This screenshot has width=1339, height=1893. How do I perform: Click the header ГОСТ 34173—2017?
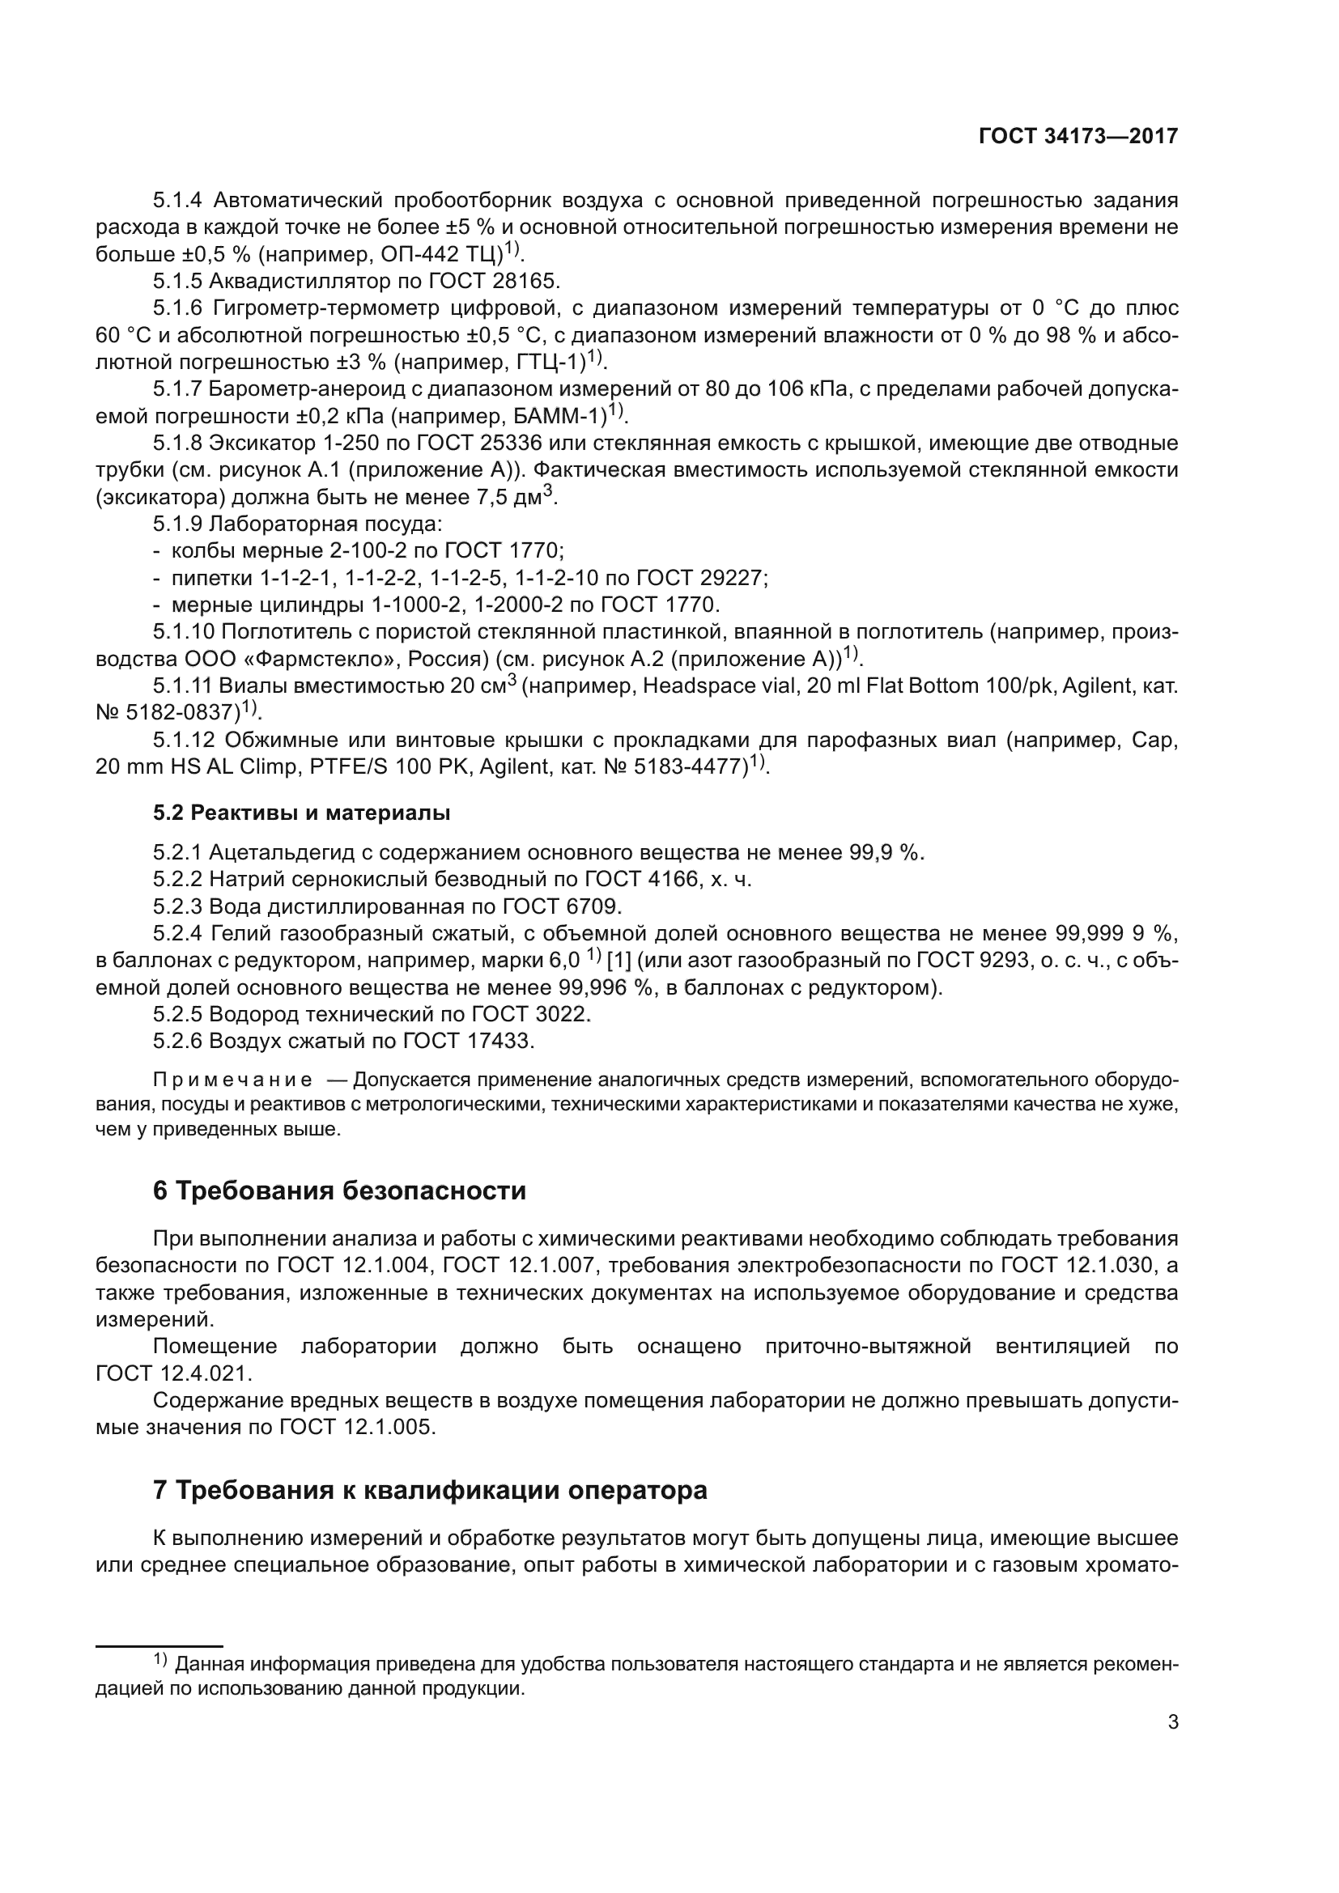click(1078, 137)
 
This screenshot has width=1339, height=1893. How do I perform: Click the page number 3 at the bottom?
click(1172, 1722)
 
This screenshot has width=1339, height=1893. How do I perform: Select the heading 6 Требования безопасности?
click(339, 1191)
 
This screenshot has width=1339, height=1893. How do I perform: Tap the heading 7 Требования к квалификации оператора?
click(430, 1490)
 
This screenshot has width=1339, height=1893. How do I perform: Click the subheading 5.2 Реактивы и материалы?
click(302, 813)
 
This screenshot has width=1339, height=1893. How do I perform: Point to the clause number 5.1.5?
click(177, 281)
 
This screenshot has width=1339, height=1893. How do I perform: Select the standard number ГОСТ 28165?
click(494, 281)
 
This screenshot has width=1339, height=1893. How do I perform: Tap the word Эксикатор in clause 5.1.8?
click(260, 444)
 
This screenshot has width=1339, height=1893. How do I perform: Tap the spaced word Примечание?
click(233, 1080)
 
